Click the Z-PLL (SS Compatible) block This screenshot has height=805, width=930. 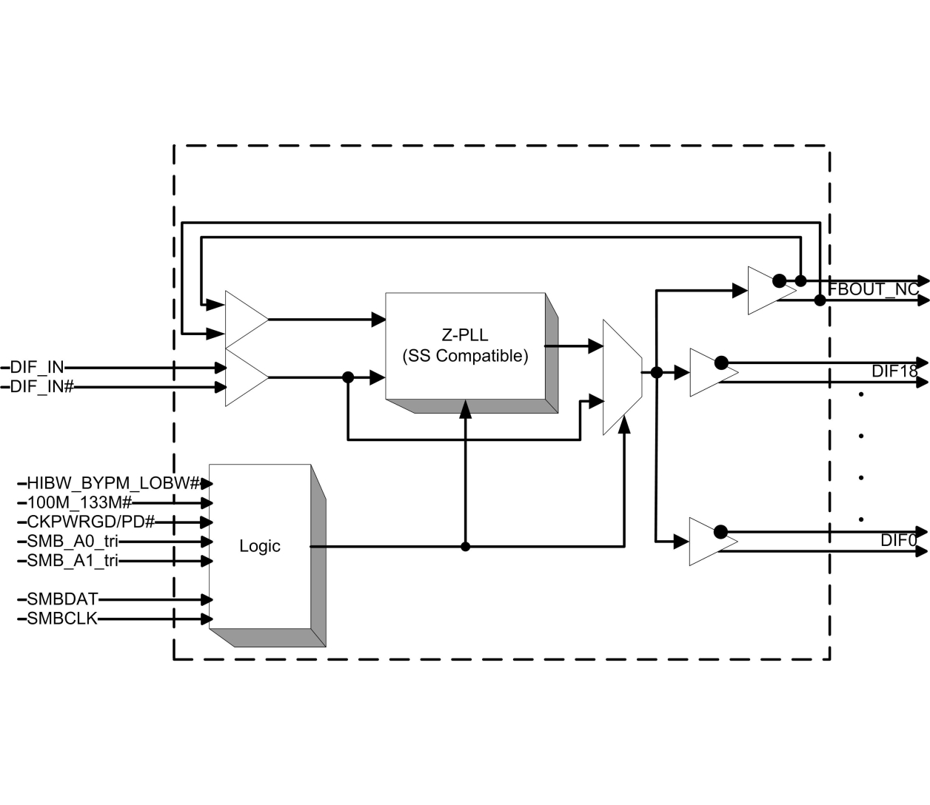[x=465, y=346]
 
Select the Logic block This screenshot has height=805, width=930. [x=260, y=547]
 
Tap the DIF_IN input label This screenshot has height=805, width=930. [x=37, y=367]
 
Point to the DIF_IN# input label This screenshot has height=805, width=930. [x=41, y=386]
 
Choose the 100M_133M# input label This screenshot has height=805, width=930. [x=79, y=503]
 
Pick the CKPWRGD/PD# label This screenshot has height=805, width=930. [x=91, y=522]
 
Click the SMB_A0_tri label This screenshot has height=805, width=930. [x=73, y=542]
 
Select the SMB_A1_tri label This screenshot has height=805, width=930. [x=73, y=561]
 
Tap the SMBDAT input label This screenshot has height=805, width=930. [x=62, y=599]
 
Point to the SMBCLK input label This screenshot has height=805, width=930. [x=62, y=619]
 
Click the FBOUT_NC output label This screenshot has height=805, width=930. [x=873, y=290]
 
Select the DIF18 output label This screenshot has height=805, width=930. [x=894, y=372]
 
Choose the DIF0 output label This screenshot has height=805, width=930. [x=898, y=541]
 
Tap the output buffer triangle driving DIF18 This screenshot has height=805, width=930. [x=709, y=373]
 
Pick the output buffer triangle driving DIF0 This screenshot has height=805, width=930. [x=709, y=542]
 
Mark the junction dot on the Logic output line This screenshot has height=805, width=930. [x=465, y=547]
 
